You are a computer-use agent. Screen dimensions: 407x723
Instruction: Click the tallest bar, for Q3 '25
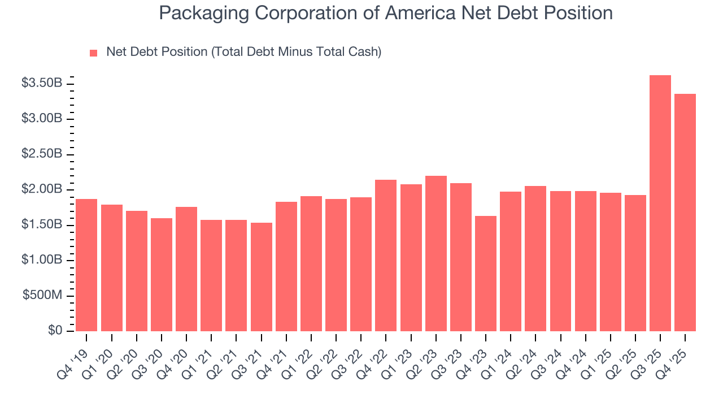660,203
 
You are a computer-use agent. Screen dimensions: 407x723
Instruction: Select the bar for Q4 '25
685,213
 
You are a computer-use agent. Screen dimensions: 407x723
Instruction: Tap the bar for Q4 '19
86,265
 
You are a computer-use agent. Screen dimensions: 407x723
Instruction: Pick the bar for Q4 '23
485,274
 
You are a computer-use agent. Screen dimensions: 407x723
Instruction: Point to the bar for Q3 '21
261,277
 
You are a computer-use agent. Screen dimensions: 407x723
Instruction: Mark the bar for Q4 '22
386,256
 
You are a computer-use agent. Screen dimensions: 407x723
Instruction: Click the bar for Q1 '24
510,261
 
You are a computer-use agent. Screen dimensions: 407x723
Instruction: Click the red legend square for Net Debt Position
94,53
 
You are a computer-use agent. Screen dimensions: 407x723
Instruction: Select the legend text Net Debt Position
243,52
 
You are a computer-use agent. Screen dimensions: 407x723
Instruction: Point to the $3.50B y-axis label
42,83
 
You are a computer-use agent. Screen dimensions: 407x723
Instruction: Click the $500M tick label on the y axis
42,296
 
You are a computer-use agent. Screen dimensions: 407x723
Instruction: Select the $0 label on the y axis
55,331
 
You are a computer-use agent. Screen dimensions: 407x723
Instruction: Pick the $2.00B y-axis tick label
42,189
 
